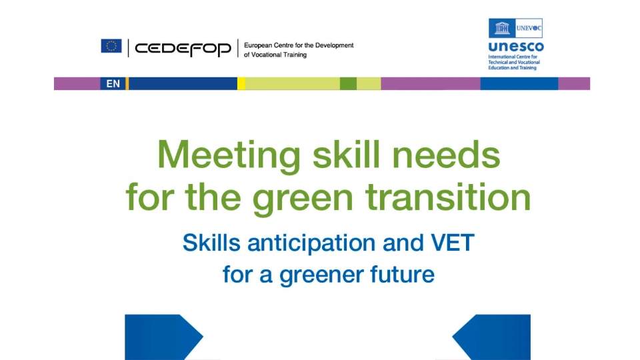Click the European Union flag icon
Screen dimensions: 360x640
tap(111, 46)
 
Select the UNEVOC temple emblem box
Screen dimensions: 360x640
tap(502, 29)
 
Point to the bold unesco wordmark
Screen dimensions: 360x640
tap(515, 47)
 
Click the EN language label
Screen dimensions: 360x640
tap(113, 84)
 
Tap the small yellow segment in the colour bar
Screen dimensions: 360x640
tap(241, 84)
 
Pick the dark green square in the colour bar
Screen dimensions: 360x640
tap(348, 84)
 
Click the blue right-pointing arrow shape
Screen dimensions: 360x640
tap(160, 337)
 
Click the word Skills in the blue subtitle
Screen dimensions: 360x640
tap(211, 243)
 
